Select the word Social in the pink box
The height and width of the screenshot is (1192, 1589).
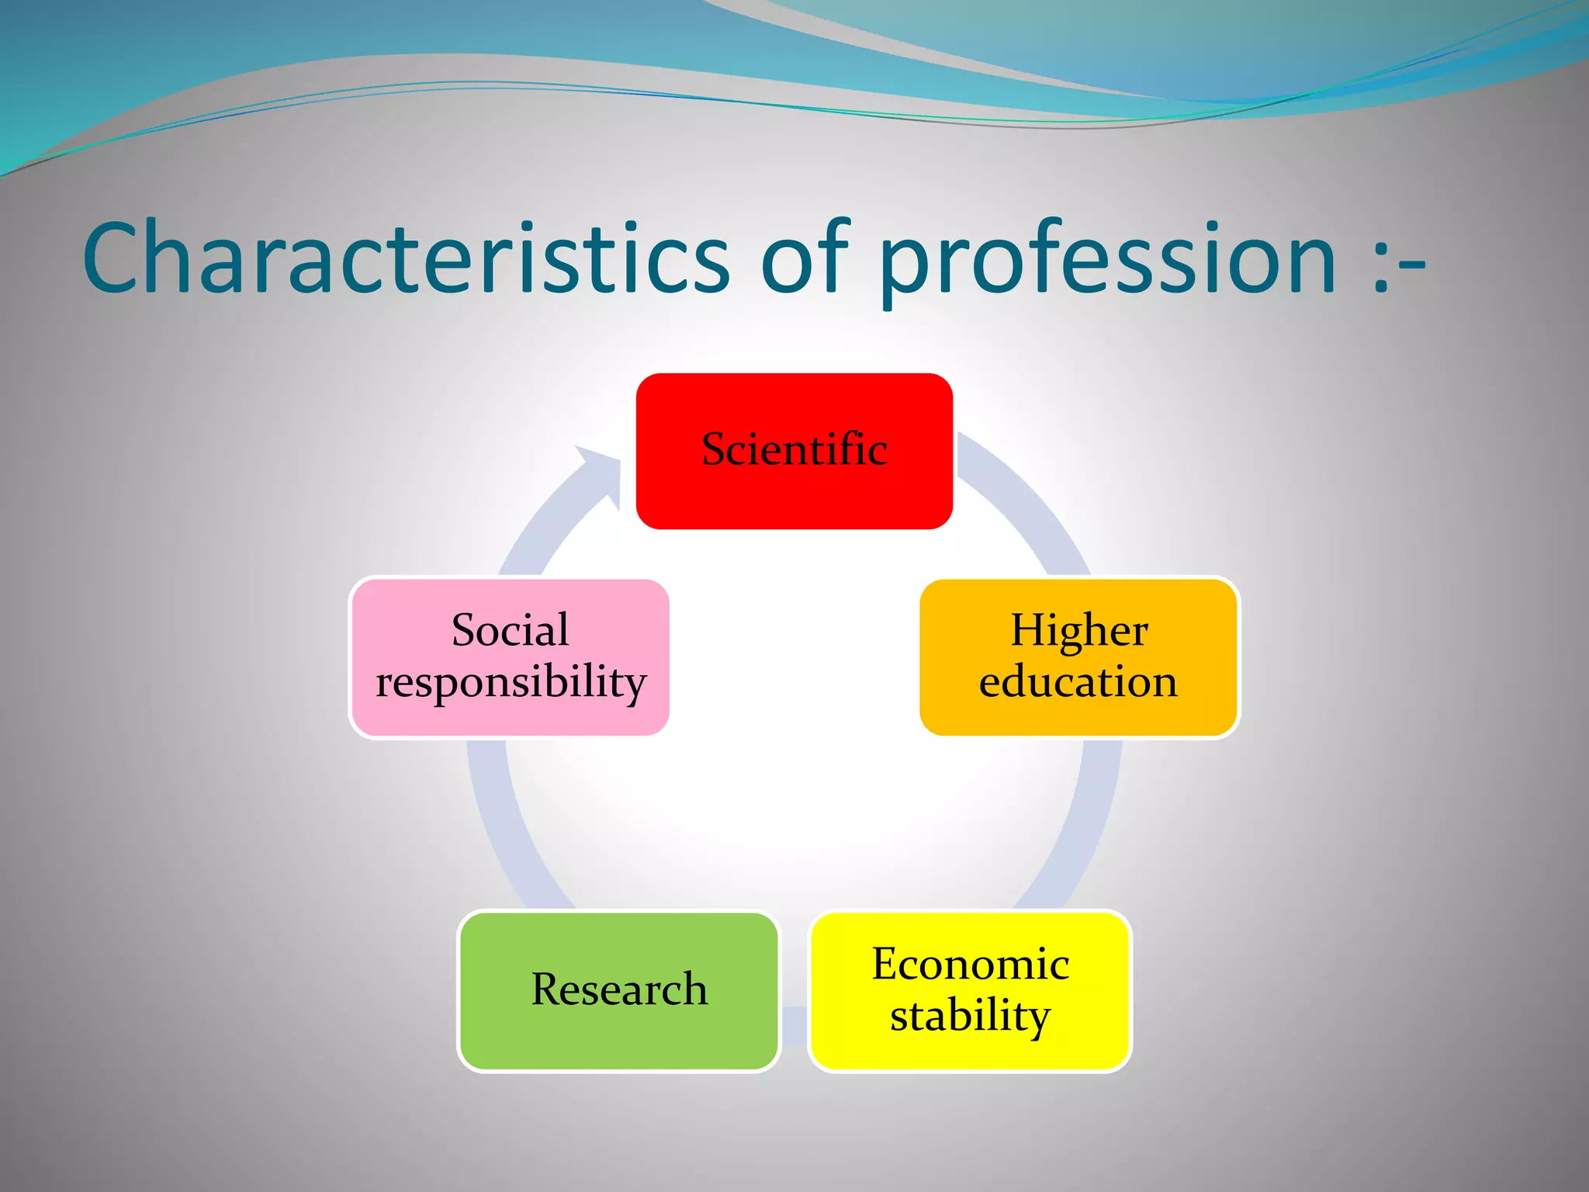510,629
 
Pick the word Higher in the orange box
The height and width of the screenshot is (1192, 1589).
1078,629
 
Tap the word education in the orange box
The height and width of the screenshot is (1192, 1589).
1078,682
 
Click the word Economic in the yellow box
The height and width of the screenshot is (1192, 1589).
970,964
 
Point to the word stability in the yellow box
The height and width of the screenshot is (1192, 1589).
970,1016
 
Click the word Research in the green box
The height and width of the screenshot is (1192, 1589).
618,989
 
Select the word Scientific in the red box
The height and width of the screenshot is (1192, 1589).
794,449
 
